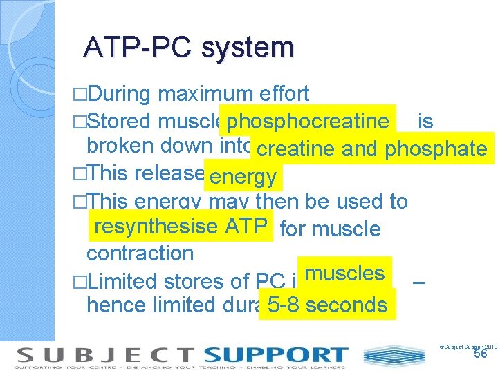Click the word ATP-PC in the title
click(137, 47)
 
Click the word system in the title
click(247, 47)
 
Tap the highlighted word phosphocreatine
click(308, 122)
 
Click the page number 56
click(481, 354)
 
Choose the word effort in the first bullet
click(285, 94)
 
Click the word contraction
click(140, 253)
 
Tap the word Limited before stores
click(125, 283)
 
